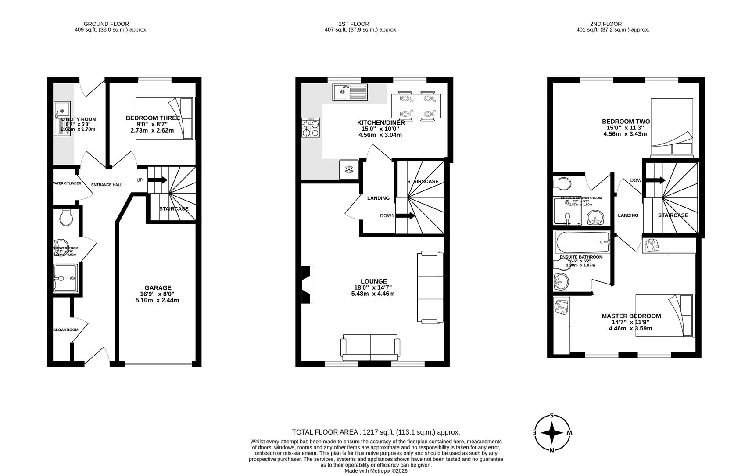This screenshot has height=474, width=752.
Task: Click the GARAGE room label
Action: pyautogui.click(x=158, y=288)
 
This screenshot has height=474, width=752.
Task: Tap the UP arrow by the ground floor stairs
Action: pyautogui.click(x=158, y=180)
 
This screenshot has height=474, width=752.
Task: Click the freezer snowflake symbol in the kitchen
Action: pyautogui.click(x=349, y=169)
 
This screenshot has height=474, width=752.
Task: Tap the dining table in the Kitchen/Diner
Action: pyautogui.click(x=416, y=106)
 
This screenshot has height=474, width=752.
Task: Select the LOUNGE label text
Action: pyautogui.click(x=373, y=281)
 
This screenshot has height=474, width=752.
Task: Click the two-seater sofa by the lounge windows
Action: pyautogui.click(x=370, y=346)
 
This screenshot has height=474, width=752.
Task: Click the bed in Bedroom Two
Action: pyautogui.click(x=671, y=127)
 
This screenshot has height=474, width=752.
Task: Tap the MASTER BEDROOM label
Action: pyautogui.click(x=630, y=316)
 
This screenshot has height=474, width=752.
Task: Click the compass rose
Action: pyautogui.click(x=552, y=433)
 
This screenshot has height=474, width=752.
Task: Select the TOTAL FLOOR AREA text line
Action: pyautogui.click(x=376, y=432)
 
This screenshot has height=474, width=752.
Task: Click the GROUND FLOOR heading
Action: pyautogui.click(x=106, y=24)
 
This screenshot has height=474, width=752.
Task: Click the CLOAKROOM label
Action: pyautogui.click(x=65, y=330)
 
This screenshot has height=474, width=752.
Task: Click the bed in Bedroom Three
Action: pyautogui.click(x=165, y=118)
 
